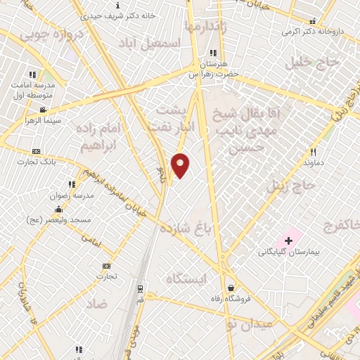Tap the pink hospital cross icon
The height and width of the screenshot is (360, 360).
pos(289,240)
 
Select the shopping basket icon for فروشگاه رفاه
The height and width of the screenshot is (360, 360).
pos(231,287)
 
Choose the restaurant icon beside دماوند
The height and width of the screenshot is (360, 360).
pos(314,152)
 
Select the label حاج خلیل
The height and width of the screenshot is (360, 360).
pos(312,63)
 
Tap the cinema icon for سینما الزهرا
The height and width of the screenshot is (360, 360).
pos(44,110)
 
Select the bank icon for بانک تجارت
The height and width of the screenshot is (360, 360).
pos(37,151)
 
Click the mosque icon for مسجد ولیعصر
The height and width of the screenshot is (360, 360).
pos(58,210)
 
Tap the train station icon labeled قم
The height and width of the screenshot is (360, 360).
pos(139,288)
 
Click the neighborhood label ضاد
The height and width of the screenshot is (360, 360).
pos(98,304)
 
